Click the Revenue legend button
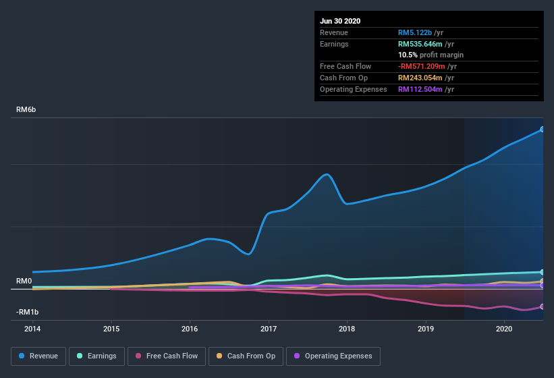click(38, 356)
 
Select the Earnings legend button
click(96, 356)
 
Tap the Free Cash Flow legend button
click(167, 356)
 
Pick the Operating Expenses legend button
click(333, 356)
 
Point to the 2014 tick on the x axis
click(32, 329)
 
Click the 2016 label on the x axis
click(190, 329)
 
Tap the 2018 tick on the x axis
click(347, 329)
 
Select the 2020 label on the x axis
click(504, 329)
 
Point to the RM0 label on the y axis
click(24, 281)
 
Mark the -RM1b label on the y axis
click(27, 312)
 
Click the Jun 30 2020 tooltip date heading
click(340, 21)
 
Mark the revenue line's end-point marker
click(543, 129)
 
